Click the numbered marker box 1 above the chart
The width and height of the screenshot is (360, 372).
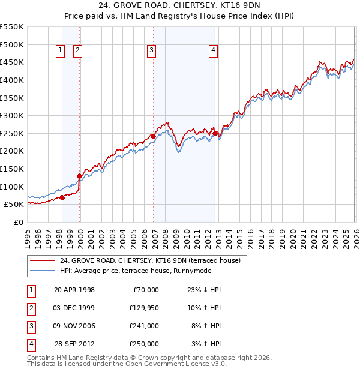point(61,51)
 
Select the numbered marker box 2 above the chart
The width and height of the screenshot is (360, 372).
point(78,51)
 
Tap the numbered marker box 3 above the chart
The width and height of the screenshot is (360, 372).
point(151,51)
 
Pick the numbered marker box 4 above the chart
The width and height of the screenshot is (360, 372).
point(214,51)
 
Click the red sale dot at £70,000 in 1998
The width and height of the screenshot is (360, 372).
point(62,197)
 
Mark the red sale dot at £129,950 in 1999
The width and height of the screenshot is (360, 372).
point(79,176)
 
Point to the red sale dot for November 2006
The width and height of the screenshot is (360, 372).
point(153,137)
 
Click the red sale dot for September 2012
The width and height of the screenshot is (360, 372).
point(215,133)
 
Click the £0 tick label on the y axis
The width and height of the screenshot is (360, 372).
point(19,222)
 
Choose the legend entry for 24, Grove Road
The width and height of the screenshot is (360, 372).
point(150,261)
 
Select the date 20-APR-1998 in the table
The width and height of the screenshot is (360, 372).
point(74,290)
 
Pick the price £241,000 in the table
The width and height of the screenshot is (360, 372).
point(144,326)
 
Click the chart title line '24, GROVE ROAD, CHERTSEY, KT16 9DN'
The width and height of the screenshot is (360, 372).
point(181,7)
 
